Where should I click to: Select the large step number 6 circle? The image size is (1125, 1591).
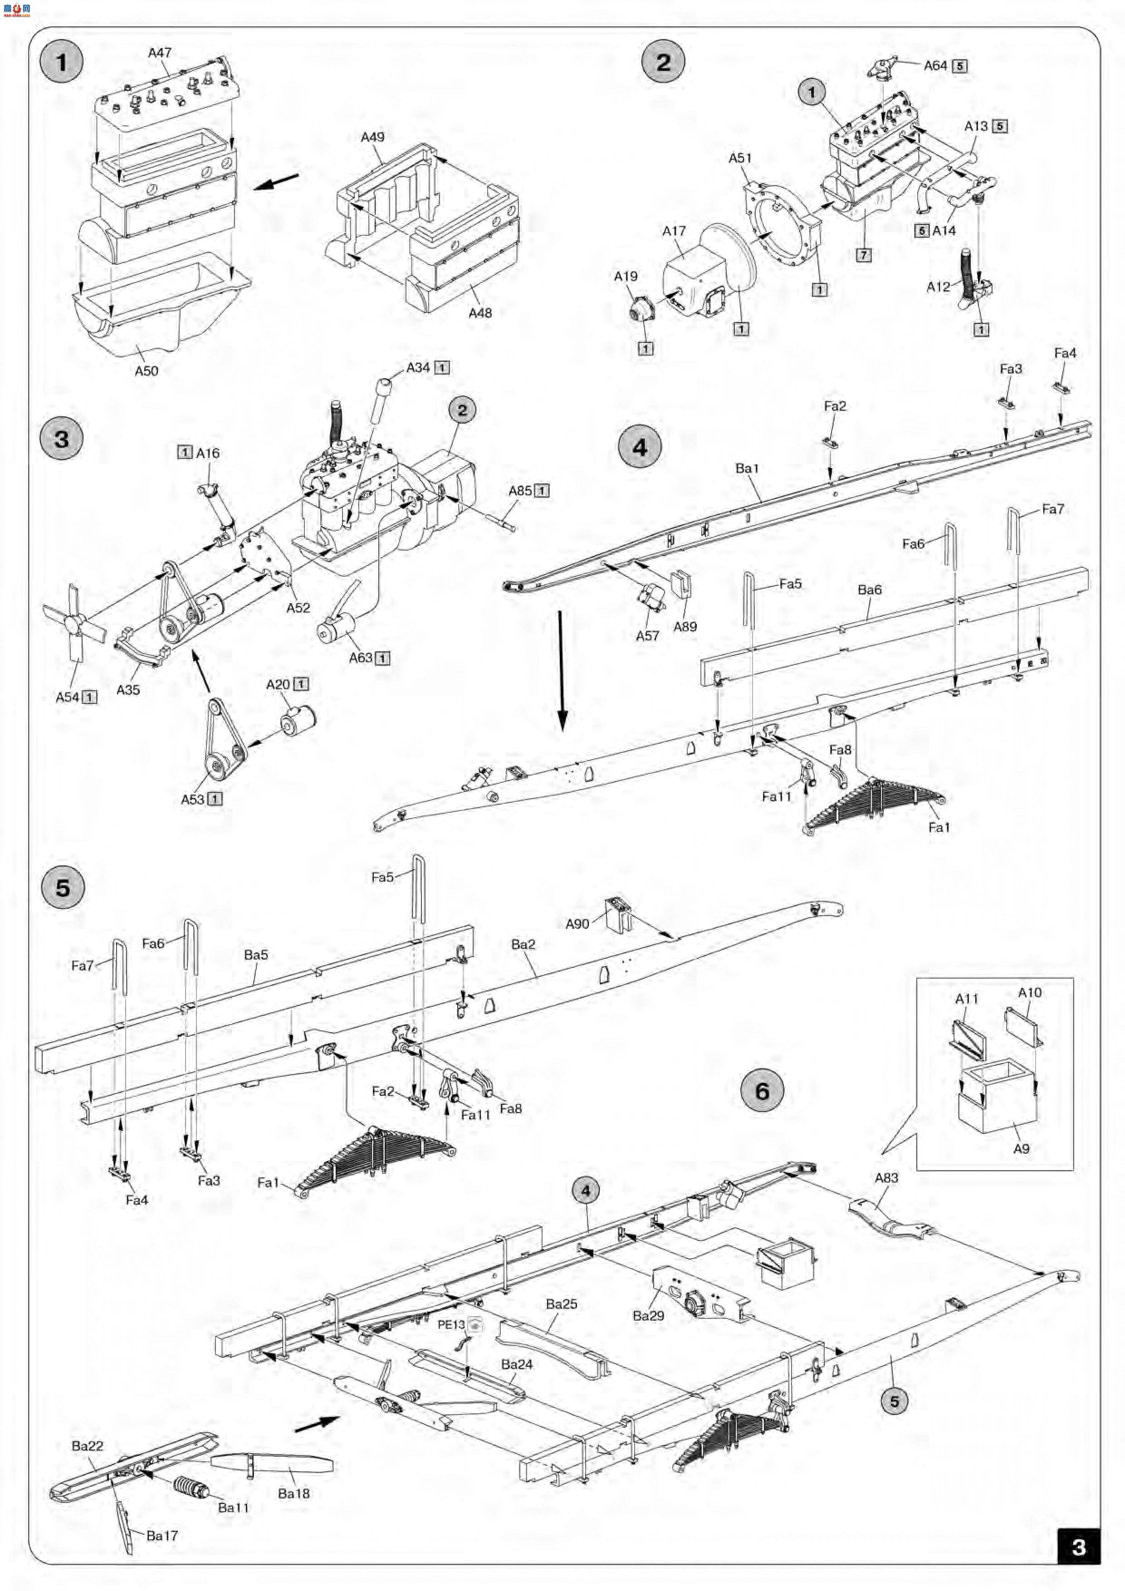coord(762,1091)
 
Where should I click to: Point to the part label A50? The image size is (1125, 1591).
coord(146,371)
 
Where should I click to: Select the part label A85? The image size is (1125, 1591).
coord(520,491)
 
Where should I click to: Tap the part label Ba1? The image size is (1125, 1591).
coord(747,469)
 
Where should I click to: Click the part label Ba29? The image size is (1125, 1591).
coord(648,1315)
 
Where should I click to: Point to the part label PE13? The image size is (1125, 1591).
coord(451,1324)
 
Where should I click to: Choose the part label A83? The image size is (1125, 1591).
coord(886,1177)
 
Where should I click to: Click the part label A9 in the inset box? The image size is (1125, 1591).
coord(1021,1148)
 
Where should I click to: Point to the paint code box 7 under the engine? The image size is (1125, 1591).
coord(863,255)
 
